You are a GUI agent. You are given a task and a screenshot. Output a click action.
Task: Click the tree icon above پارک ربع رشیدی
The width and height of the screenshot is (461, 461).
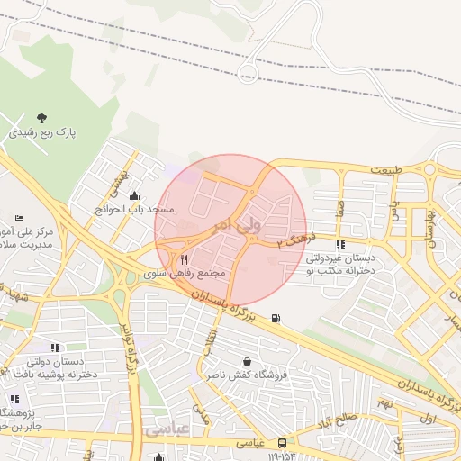tap(41, 117)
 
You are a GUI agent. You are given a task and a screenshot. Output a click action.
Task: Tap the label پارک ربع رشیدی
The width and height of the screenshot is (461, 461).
tap(43, 132)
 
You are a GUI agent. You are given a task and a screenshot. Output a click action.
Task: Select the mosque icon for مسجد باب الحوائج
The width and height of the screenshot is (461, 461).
tap(135, 195)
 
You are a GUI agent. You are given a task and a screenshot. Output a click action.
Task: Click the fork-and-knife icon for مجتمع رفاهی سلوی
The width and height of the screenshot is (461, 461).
tap(185, 258)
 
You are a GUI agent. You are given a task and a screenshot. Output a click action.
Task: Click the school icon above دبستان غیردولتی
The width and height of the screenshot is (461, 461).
tap(339, 244)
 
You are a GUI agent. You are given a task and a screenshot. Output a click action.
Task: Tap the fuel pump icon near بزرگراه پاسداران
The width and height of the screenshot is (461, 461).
tap(275, 317)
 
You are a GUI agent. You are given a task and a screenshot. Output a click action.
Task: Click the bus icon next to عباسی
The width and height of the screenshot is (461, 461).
tap(283, 443)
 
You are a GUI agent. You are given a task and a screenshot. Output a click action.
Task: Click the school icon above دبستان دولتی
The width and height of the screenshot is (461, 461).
tap(55, 347)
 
